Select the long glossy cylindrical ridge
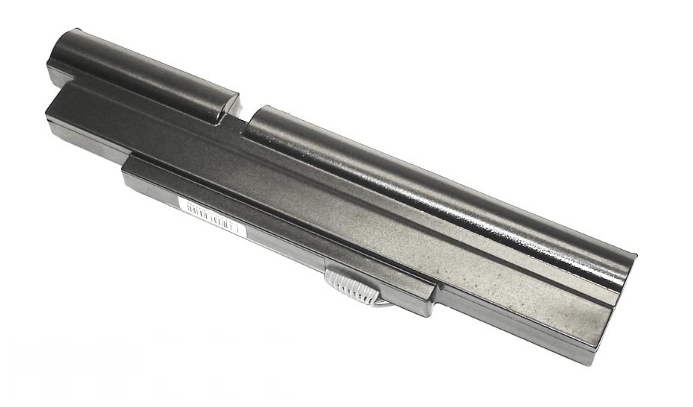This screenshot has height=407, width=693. click(x=440, y=192)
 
